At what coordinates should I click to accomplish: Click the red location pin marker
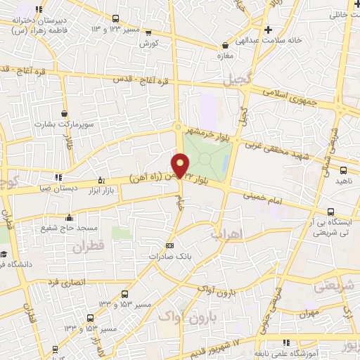tap(181, 165)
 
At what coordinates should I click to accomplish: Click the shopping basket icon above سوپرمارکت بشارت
tap(65, 112)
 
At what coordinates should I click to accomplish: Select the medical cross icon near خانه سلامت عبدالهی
tap(269, 30)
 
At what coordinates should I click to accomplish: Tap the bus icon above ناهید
tap(343, 169)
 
